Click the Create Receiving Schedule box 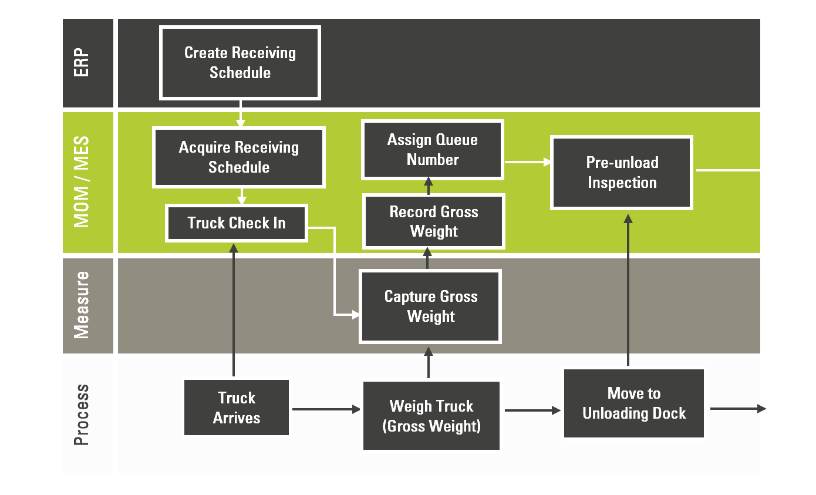coord(240,63)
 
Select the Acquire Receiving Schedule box coord(238,157)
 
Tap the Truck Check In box coord(237,223)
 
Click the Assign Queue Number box coord(433,150)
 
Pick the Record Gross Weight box coord(434,221)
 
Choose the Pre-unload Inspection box coord(622,173)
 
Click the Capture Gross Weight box coord(430,306)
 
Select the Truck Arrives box coord(237,408)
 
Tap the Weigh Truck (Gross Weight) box coord(431,416)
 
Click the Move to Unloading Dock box coord(634,403)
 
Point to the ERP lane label coord(82,63)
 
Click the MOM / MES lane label coord(82,182)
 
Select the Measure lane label coord(82,305)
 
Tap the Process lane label coord(82,415)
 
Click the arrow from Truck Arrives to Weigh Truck coord(326,409)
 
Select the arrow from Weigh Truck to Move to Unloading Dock coord(532,410)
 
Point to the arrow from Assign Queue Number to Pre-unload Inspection coord(527,162)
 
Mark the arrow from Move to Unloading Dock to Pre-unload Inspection coord(628,290)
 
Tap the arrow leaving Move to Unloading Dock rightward coord(737,409)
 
